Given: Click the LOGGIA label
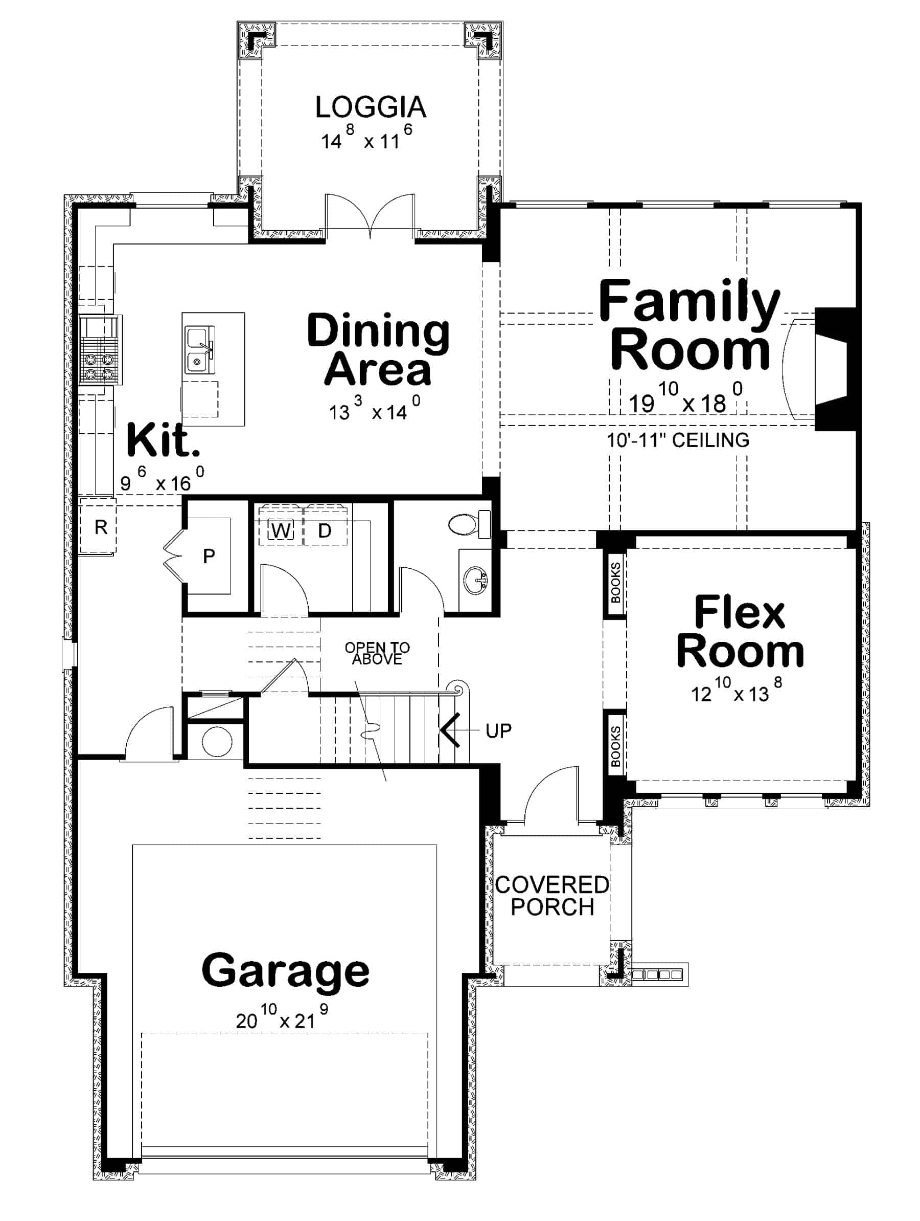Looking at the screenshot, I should pos(370,107).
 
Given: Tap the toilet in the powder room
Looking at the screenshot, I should pos(467,523).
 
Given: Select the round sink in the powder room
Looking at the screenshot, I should pos(475,581).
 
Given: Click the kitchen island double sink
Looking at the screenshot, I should pos(198,349).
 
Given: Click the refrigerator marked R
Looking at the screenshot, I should pos(100,527).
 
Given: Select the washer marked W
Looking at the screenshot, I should pos(281,531).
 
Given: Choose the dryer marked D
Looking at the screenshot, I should pos(325,531).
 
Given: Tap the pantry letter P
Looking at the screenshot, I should pos(209,556).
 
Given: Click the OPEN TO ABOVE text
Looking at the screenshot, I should pos(377,653).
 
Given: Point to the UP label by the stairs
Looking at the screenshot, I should pos(498,731).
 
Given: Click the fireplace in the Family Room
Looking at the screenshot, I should pos(833,369).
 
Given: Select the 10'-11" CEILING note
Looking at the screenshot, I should pos(678,440).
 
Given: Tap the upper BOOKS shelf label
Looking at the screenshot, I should pos(615,583).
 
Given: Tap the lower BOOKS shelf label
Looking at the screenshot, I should pos(615,746).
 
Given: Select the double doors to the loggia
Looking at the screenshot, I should pos(370,216).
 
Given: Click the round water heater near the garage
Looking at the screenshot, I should pos(217,741).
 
